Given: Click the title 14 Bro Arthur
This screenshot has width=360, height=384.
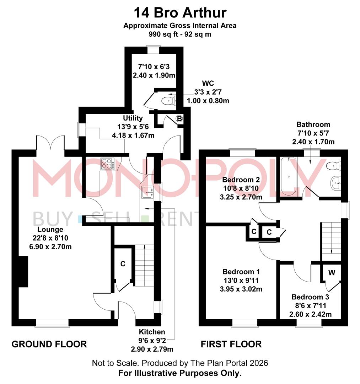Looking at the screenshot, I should tap(180, 13).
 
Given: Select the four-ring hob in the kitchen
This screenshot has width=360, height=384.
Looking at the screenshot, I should tap(107, 164).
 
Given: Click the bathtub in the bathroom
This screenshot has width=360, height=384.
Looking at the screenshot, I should tap(289, 176).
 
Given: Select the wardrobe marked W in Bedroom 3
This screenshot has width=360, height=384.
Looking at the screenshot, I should tap(331, 273).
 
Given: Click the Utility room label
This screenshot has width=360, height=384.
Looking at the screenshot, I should tap(133, 118).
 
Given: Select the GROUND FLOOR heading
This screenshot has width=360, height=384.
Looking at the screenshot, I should tap(49, 344).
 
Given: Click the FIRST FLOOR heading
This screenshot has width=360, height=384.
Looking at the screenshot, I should tap(231, 344).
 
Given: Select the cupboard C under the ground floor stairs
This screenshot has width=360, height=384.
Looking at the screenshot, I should tap(123, 264).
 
